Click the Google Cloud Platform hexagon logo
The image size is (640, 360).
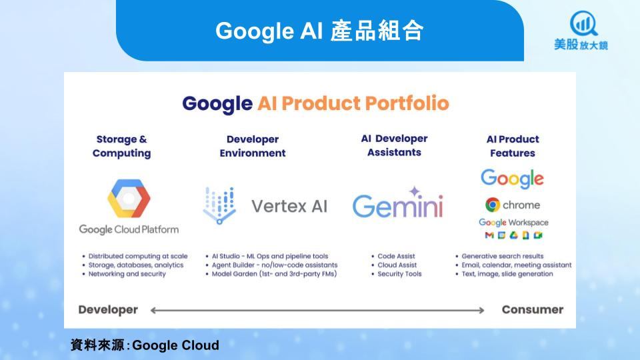click(x=129, y=199)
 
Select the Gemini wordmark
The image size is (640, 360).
click(x=397, y=206)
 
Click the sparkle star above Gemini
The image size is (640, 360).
click(x=415, y=191)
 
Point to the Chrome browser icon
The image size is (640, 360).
click(x=493, y=205)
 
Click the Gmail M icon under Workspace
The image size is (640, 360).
click(x=489, y=235)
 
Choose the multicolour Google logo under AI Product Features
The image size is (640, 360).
click(x=512, y=179)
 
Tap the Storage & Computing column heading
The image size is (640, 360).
click(x=121, y=146)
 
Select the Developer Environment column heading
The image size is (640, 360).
click(x=253, y=146)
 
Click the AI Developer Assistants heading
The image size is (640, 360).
click(x=394, y=145)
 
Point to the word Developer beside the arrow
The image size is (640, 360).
click(x=108, y=310)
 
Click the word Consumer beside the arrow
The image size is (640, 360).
click(x=533, y=309)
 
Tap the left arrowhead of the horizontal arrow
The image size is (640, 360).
click(x=153, y=311)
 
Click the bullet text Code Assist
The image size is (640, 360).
click(x=396, y=256)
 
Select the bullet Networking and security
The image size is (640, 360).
click(x=127, y=274)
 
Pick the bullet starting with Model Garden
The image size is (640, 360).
click(x=274, y=274)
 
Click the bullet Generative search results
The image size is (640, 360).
click(x=503, y=256)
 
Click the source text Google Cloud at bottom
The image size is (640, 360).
click(x=175, y=345)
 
